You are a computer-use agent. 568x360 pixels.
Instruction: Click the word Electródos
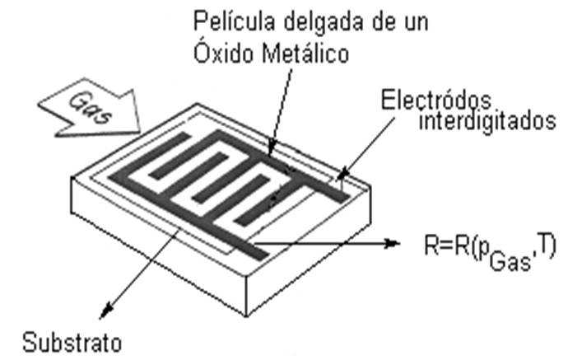(x=437, y=99)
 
